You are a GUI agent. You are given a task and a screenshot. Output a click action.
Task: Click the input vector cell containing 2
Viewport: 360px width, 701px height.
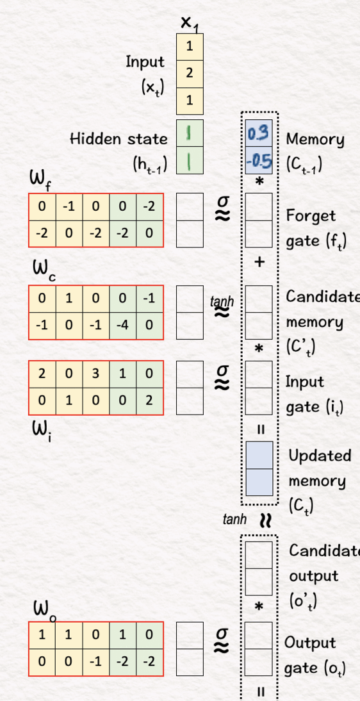tap(190, 74)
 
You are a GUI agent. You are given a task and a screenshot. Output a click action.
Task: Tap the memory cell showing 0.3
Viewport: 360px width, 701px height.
tap(259, 133)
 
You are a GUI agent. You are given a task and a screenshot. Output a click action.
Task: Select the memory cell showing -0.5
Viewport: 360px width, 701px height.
tap(259, 160)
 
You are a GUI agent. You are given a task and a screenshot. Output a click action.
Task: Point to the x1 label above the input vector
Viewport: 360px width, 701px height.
tap(190, 23)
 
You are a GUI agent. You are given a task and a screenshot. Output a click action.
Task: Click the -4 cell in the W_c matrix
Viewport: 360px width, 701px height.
tap(122, 326)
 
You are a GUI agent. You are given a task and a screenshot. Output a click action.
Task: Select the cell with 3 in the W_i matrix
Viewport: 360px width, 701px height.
tap(95, 374)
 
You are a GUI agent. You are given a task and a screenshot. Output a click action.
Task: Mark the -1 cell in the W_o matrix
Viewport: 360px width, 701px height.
tap(95, 662)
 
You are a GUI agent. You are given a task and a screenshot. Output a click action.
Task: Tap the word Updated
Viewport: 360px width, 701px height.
tap(320, 456)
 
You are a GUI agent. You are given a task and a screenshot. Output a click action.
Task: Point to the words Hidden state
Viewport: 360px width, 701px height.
tap(119, 138)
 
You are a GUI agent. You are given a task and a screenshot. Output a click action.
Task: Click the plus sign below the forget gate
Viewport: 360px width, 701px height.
tap(259, 263)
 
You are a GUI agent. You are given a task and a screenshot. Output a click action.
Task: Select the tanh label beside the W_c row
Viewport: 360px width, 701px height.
tap(222, 301)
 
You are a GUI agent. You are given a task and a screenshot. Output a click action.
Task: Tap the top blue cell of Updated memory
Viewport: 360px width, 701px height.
tap(259, 455)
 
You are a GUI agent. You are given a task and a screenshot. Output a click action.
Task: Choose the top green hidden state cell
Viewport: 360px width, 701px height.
tap(190, 133)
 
